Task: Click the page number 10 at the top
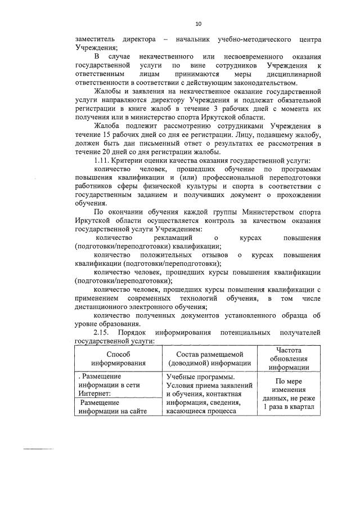(197, 24)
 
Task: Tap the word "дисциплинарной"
(290, 73)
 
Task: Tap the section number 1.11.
(103, 160)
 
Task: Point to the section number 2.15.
(103, 332)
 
